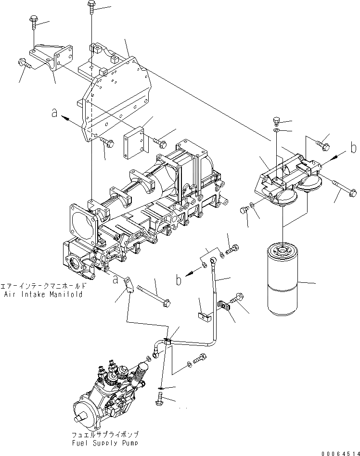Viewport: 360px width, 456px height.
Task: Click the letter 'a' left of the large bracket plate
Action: pos(55,113)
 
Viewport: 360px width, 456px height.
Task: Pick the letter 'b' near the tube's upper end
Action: pos(178,279)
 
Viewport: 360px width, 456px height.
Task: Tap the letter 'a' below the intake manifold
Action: pos(115,279)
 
